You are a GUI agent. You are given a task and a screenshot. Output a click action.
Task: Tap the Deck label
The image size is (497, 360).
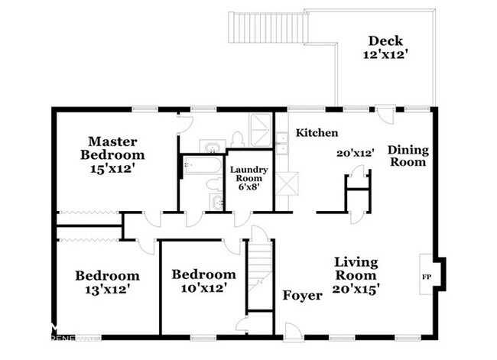(x=385, y=41)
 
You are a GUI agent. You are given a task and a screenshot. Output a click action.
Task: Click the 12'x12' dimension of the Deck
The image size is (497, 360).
(x=385, y=55)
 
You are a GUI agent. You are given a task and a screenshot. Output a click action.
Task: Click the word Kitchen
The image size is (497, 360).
(x=317, y=133)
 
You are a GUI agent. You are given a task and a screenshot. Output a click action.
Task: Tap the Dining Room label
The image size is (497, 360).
(x=407, y=155)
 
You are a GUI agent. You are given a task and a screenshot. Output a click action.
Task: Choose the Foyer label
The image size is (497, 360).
(x=302, y=296)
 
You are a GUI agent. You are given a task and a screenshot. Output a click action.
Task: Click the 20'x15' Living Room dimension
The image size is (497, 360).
(x=358, y=289)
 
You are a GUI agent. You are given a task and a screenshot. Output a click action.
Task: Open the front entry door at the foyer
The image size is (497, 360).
(x=293, y=330)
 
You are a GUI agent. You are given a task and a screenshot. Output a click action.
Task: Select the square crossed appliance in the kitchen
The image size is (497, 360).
(x=287, y=184)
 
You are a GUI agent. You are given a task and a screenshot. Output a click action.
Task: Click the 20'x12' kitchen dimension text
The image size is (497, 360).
(x=355, y=153)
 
